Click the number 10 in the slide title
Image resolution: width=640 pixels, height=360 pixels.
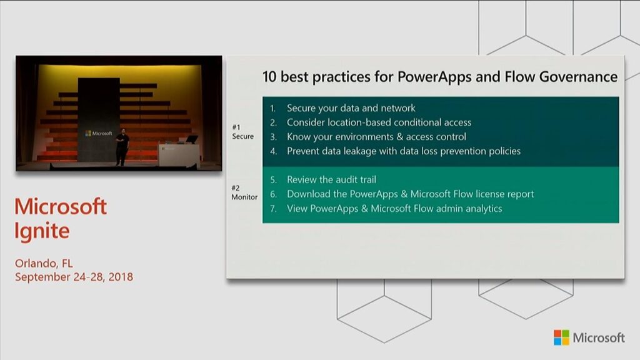(269, 77)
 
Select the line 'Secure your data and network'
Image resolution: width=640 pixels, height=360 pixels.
(351, 108)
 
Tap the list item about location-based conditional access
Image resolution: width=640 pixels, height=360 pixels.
(379, 122)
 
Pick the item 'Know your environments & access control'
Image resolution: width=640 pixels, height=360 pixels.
(376, 137)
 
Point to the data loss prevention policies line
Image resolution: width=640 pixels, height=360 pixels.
(403, 151)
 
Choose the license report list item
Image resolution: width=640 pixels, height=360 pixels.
(410, 194)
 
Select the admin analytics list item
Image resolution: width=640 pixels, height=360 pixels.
(394, 209)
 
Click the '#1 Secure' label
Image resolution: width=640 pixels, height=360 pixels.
(242, 131)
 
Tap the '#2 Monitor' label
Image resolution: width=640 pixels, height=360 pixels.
(244, 192)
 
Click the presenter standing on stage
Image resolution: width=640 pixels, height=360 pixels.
(122, 147)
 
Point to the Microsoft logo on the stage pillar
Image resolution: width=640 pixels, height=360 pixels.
(99, 133)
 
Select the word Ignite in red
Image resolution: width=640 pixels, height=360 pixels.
(42, 231)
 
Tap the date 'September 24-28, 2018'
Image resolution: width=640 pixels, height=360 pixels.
(74, 276)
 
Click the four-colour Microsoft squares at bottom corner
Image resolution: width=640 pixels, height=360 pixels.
(561, 337)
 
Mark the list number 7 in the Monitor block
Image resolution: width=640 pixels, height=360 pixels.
(273, 209)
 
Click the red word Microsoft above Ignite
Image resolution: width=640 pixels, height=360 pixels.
(61, 207)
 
